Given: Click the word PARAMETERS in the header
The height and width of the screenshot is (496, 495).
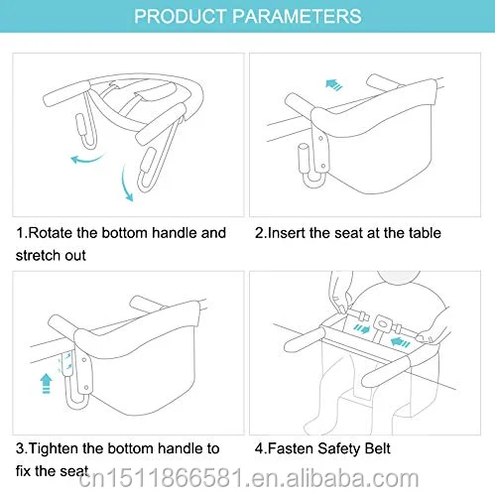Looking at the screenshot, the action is tap(297, 16).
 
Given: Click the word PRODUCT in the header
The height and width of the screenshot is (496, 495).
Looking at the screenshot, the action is tap(180, 16).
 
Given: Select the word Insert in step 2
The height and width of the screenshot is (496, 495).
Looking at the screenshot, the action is tap(286, 233).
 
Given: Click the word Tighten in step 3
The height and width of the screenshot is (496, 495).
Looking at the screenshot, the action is tap(54, 448).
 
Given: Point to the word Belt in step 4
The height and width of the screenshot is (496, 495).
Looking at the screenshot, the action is tap(377, 448).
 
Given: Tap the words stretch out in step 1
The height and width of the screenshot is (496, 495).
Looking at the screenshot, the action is tap(51, 255).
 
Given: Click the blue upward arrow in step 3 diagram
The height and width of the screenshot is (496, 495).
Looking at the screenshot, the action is tap(46, 383).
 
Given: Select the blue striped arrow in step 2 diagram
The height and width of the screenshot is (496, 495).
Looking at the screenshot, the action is tap(334, 85).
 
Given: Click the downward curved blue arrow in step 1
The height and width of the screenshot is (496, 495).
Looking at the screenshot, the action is tap(127, 183).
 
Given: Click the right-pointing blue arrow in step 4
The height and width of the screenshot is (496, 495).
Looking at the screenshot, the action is tap(361, 329).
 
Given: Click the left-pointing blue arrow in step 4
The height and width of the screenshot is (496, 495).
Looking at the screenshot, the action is tap(401, 342).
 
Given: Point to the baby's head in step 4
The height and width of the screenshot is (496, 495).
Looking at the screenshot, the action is tap(399, 277).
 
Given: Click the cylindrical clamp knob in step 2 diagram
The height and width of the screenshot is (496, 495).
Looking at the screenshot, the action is tap(304, 159).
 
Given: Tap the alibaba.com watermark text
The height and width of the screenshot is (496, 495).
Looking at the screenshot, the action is tap(249, 478).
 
